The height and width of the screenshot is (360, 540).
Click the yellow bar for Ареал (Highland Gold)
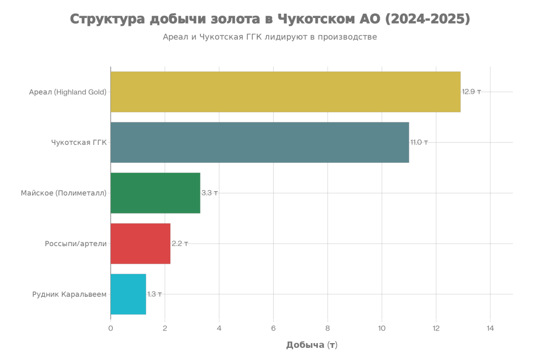pyautogui.click(x=285, y=92)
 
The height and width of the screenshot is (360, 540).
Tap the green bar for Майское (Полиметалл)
pyautogui.click(x=156, y=193)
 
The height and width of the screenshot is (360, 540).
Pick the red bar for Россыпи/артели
pyautogui.click(x=141, y=244)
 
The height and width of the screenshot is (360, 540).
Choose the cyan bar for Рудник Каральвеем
pyautogui.click(x=129, y=294)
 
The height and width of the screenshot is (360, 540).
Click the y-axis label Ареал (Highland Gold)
pyautogui.click(x=67, y=92)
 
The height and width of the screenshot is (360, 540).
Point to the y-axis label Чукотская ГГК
pyautogui.click(x=79, y=142)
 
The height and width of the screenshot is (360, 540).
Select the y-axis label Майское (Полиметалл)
pyautogui.click(x=63, y=193)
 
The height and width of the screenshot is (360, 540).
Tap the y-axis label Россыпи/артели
pyautogui.click(x=76, y=244)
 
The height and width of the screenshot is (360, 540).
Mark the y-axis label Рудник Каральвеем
pyautogui.click(x=70, y=294)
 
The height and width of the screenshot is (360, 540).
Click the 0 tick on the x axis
pyautogui.click(x=111, y=328)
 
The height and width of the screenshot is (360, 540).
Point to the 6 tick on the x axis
pyautogui.click(x=273, y=328)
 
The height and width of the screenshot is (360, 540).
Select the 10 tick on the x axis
pyautogui.click(x=382, y=328)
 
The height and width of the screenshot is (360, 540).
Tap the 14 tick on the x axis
pyautogui.click(x=490, y=328)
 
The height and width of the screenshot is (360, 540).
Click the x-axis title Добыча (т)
pyautogui.click(x=312, y=345)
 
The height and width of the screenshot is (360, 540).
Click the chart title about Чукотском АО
pyautogui.click(x=270, y=20)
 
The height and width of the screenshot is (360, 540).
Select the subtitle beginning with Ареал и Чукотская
pyautogui.click(x=270, y=37)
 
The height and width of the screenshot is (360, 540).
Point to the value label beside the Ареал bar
pyautogui.click(x=471, y=92)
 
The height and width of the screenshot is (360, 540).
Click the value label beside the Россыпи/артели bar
pyautogui.click(x=180, y=244)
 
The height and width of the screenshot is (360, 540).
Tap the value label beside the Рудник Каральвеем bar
pyautogui.click(x=155, y=294)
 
